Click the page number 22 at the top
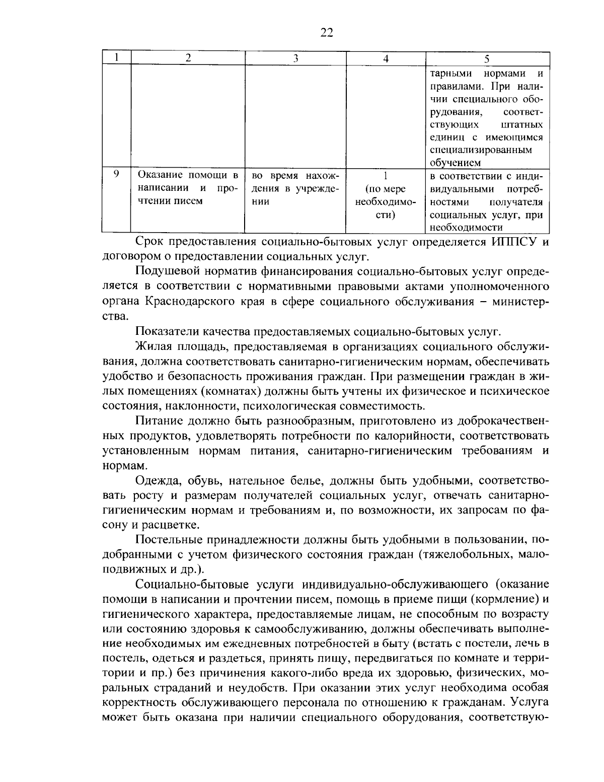(326, 33)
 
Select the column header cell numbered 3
(295, 58)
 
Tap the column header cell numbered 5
(487, 58)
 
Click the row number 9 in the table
(116, 174)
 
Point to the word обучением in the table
(456, 163)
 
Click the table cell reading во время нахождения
(295, 188)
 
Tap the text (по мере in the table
(386, 189)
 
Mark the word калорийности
(421, 435)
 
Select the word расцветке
(169, 525)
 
